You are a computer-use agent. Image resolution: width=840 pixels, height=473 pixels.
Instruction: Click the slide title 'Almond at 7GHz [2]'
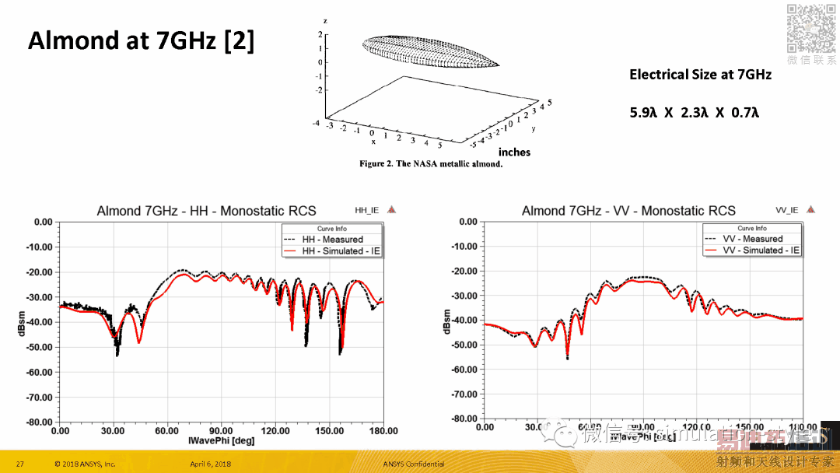pos(141,40)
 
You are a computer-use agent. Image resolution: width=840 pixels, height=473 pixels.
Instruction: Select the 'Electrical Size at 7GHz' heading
pos(700,75)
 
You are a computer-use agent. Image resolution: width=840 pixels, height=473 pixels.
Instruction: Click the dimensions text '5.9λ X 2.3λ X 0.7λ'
pos(694,113)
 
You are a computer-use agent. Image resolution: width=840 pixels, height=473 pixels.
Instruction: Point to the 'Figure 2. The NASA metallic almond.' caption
pos(431,164)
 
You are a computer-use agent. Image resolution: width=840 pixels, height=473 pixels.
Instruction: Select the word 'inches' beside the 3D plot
pos(514,152)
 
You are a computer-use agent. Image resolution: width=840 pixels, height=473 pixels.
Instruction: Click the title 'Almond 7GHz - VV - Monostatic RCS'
pos(628,211)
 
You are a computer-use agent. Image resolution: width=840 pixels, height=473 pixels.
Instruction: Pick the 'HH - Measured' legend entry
pos(332,240)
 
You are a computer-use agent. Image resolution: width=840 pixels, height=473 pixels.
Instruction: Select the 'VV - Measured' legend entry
pos(752,239)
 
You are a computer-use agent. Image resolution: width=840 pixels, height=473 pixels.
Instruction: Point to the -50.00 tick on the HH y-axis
pos(37,347)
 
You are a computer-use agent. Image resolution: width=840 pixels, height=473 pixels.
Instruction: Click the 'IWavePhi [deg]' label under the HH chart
pos(221,441)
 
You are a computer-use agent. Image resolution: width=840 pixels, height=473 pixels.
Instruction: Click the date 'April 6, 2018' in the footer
pos(210,464)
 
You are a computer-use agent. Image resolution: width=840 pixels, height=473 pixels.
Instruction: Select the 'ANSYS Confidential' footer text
pos(414,464)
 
